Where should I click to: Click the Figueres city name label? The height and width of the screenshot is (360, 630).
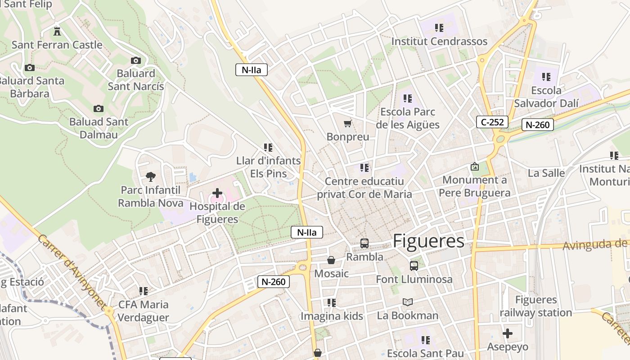(x=428, y=241)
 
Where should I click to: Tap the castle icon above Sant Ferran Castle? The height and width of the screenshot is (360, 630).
(x=57, y=31)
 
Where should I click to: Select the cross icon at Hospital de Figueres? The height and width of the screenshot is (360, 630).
(x=217, y=193)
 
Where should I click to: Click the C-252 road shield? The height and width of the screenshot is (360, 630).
(x=492, y=121)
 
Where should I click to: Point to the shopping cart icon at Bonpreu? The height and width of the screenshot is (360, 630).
(x=347, y=123)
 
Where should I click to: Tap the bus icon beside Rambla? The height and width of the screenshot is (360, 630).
(x=364, y=243)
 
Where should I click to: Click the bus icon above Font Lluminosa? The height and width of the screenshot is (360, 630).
(x=414, y=266)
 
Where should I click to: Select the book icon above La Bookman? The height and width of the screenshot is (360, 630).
(x=408, y=302)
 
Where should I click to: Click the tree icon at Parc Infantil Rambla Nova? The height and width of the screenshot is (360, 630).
(x=151, y=177)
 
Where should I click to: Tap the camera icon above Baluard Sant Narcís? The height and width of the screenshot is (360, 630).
(x=135, y=60)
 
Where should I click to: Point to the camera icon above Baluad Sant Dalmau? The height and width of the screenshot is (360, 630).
(x=99, y=108)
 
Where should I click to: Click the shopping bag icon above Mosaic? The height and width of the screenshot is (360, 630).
(x=331, y=260)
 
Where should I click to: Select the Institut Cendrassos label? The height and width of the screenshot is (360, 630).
(x=439, y=41)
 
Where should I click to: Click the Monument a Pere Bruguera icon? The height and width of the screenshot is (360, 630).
(x=474, y=167)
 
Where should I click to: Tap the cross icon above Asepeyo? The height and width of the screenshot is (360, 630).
(x=508, y=333)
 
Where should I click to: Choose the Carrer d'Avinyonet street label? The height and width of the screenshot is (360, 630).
(x=72, y=270)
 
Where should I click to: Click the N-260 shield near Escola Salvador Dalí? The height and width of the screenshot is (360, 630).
(x=538, y=125)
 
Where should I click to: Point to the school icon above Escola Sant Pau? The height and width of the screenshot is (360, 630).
(x=425, y=340)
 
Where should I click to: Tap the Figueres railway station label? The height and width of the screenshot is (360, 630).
(x=535, y=306)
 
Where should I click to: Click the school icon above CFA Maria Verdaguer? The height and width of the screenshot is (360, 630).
(x=144, y=291)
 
